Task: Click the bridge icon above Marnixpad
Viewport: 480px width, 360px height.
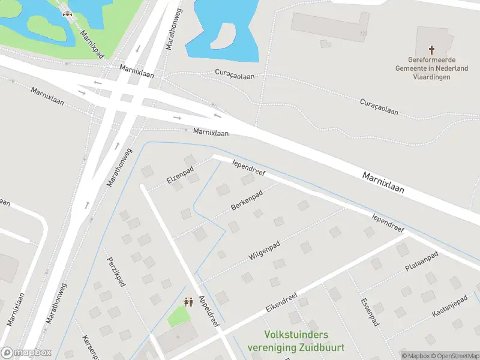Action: point(67,12)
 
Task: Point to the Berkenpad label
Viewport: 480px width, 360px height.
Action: point(247,202)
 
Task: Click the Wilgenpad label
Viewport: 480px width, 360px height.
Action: point(265,250)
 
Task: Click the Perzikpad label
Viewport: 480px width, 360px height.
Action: point(116,272)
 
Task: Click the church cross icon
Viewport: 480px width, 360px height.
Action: point(431,50)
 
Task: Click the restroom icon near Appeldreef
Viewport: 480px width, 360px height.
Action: point(188,302)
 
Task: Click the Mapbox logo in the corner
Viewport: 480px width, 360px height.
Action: point(26,352)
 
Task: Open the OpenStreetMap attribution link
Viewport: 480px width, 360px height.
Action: point(455,355)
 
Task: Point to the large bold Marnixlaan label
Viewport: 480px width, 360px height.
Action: point(383,182)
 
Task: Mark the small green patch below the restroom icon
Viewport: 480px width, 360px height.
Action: point(177,316)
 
